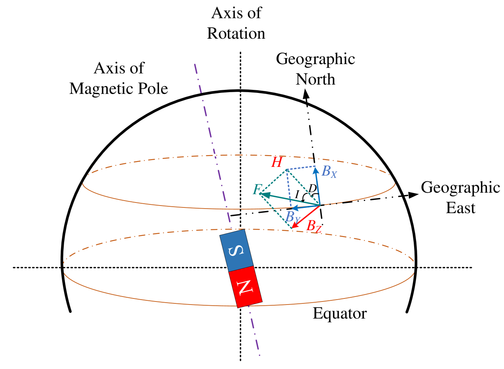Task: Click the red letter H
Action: tap(277, 162)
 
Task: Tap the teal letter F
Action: tap(257, 189)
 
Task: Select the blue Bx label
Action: tap(329, 172)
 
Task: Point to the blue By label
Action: tap(292, 217)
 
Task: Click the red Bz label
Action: tap(314, 226)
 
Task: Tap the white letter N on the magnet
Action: tap(245, 287)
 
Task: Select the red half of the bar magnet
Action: tap(245, 287)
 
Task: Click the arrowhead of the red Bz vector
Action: tap(293, 227)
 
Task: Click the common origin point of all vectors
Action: tap(320, 205)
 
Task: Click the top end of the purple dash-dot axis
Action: tap(195, 64)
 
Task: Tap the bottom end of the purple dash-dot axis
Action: tap(260, 355)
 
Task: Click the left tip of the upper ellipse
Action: tap(83, 183)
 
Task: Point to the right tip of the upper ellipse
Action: tap(395, 183)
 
